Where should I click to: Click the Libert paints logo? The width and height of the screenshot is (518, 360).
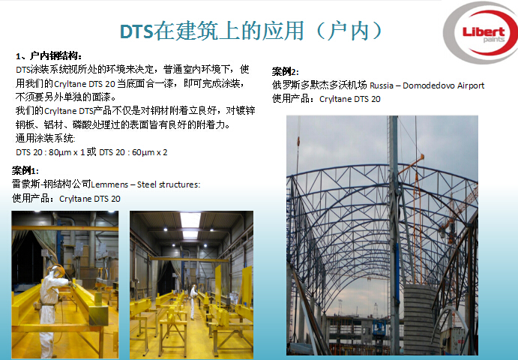481,33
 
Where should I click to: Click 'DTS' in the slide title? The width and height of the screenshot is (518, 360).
136,31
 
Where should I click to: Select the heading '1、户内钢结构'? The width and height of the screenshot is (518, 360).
48,55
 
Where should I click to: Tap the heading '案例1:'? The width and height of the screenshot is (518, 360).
25,170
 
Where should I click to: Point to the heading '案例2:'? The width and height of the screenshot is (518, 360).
286,71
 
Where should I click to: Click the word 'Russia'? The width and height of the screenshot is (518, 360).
382,85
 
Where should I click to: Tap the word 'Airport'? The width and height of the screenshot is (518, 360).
471,86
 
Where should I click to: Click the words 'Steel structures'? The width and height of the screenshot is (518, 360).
169,184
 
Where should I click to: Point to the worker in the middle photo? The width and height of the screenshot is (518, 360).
193,302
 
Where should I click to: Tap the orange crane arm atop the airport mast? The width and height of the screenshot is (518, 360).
412,164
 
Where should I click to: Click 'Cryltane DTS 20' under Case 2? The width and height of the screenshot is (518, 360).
350,99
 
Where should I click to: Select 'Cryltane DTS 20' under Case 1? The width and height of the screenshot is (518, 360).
90,199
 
